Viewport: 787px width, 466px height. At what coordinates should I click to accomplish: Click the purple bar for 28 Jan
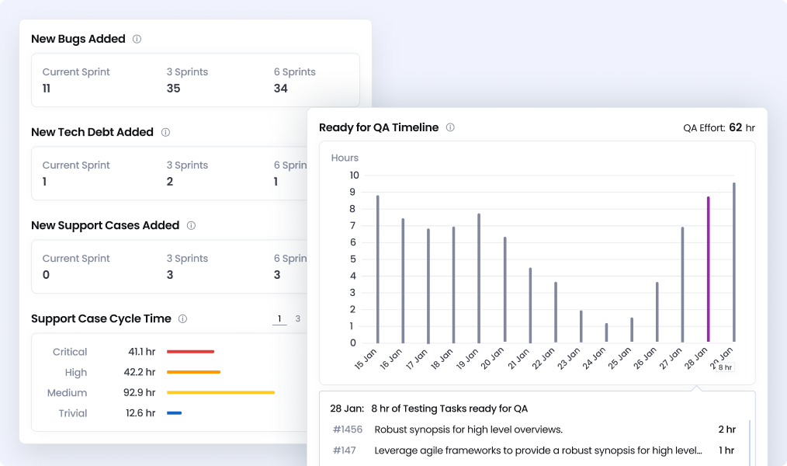(708, 270)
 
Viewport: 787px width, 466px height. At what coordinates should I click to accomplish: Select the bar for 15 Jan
(378, 269)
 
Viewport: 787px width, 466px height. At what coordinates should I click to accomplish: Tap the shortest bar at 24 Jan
(606, 332)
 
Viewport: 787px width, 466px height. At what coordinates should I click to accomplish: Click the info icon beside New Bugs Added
(137, 39)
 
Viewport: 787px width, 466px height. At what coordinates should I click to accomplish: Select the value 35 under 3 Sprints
(173, 89)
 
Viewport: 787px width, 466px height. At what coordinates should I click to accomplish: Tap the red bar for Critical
(190, 352)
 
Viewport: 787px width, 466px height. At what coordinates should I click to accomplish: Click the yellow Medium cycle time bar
(220, 393)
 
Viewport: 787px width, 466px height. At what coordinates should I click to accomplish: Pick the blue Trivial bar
(174, 413)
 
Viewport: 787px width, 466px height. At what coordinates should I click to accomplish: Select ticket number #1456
(348, 429)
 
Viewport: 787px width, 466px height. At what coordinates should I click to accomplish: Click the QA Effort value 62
(736, 127)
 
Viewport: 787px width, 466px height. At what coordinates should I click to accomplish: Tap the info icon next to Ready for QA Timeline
(450, 127)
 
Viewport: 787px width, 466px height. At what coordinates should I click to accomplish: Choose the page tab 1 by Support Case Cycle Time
(279, 318)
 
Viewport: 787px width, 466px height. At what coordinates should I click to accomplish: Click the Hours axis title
(345, 158)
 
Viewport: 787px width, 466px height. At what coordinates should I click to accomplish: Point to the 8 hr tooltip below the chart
(724, 367)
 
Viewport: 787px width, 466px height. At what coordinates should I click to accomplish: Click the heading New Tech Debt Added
(92, 132)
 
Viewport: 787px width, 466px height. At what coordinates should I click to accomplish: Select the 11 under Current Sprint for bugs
(47, 89)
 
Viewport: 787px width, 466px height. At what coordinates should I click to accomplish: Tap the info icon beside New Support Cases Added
(191, 225)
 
